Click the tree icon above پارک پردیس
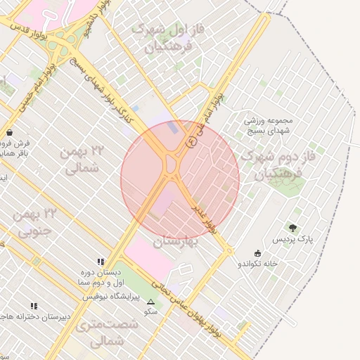[x=292, y=227]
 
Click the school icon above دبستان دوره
[x=100, y=262]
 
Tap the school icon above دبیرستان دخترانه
[x=32, y=306]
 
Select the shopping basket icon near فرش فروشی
[x=8, y=131]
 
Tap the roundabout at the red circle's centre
[x=172, y=166]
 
